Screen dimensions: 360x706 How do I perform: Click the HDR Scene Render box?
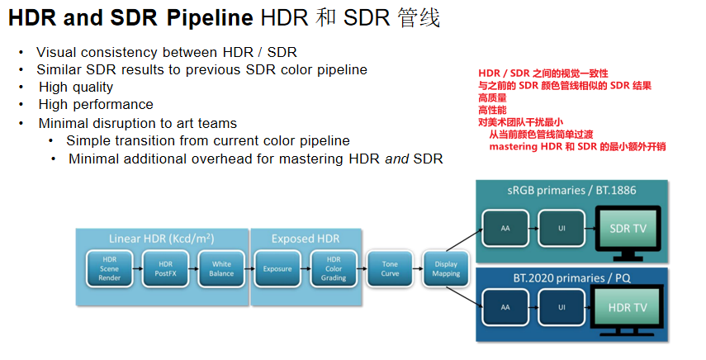tap(110, 269)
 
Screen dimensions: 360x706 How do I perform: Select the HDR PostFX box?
tap(165, 269)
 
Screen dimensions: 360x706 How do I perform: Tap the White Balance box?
tap(221, 269)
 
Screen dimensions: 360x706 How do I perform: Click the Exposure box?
tap(277, 269)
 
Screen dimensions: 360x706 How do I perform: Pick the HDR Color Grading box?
tap(334, 269)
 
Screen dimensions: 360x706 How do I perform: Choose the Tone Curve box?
tap(390, 269)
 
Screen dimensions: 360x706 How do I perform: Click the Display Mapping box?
tap(446, 269)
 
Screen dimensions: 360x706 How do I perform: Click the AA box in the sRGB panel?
tap(505, 226)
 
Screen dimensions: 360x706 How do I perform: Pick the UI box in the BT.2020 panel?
tap(561, 307)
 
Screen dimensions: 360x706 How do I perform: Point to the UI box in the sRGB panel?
tap(561, 226)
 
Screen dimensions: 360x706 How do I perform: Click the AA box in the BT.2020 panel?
tap(505, 307)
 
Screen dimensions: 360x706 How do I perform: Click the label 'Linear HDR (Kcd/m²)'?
tap(162, 239)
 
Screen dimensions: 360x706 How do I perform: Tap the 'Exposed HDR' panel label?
tap(306, 239)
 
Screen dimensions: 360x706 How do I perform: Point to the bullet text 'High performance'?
tap(96, 105)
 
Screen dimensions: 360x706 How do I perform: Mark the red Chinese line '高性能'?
tap(492, 110)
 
